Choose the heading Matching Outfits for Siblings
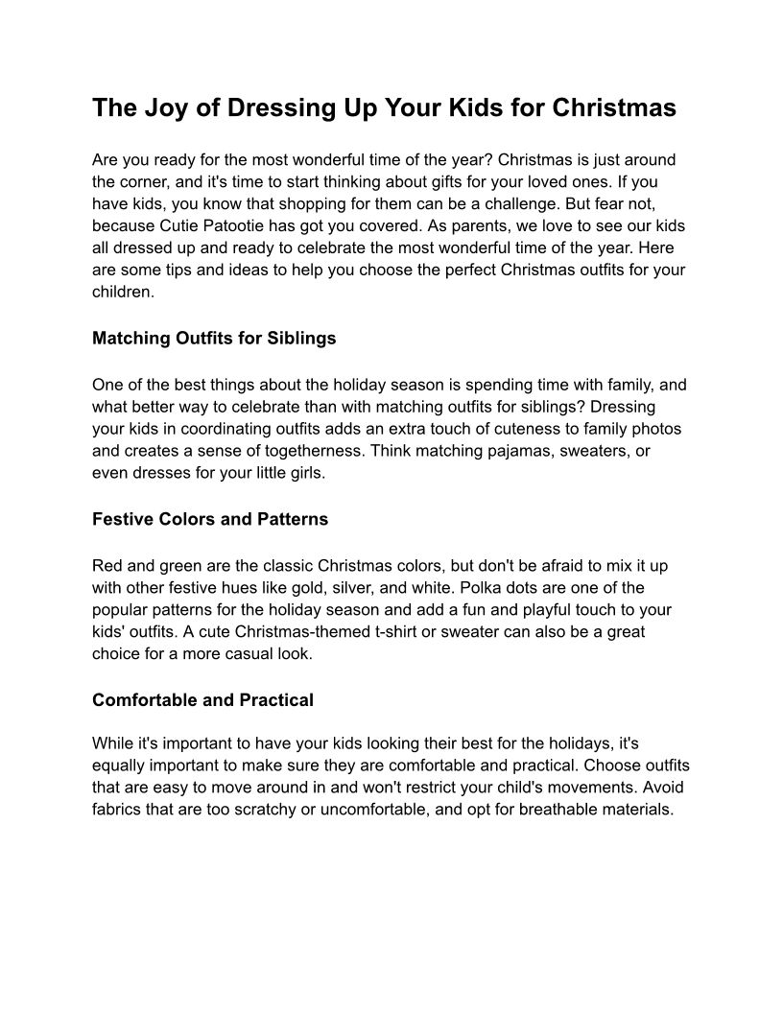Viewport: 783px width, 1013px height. coord(214,339)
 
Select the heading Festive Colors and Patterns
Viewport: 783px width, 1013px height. coord(210,519)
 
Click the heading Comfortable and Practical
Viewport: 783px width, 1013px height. coord(202,700)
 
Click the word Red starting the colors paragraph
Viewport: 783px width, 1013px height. coord(108,565)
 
